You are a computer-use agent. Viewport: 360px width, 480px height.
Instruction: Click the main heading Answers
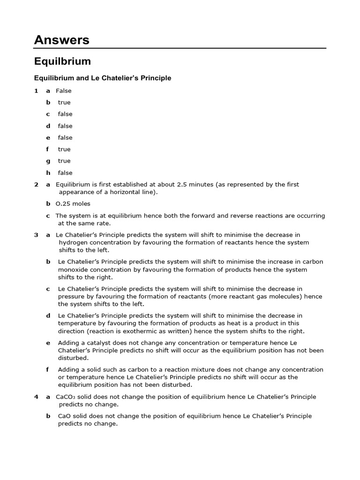pyautogui.click(x=61, y=40)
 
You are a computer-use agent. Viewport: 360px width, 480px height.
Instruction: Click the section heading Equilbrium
pyautogui.click(x=62, y=61)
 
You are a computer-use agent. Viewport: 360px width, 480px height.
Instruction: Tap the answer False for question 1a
pyautogui.click(x=63, y=91)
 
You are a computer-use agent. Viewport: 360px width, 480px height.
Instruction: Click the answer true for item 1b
pyautogui.click(x=64, y=103)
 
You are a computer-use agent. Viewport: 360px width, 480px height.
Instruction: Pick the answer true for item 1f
pyautogui.click(x=64, y=150)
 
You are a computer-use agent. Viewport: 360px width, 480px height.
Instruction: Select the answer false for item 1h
pyautogui.click(x=65, y=173)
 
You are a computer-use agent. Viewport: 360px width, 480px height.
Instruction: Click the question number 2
pyautogui.click(x=36, y=185)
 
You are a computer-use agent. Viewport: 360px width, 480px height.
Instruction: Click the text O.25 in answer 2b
pyautogui.click(x=64, y=204)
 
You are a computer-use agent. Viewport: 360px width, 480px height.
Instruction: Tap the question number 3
pyautogui.click(x=36, y=235)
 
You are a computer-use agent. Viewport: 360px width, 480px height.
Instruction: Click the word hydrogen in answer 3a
pyautogui.click(x=73, y=242)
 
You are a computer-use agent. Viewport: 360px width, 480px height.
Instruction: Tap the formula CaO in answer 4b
pyautogui.click(x=64, y=416)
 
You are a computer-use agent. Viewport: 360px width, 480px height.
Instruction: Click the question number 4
pyautogui.click(x=36, y=397)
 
